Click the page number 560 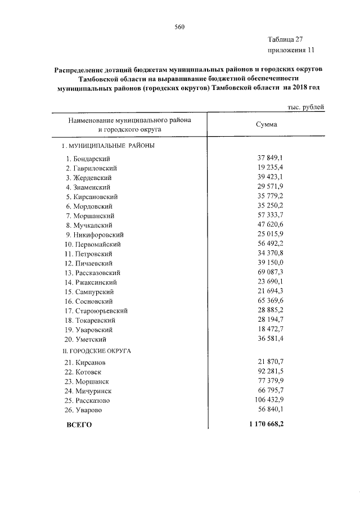click(x=180, y=27)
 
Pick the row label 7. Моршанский click(x=91, y=215)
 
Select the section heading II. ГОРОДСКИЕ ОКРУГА click(x=96, y=350)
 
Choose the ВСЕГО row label click(x=79, y=425)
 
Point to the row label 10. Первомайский click(x=93, y=244)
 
